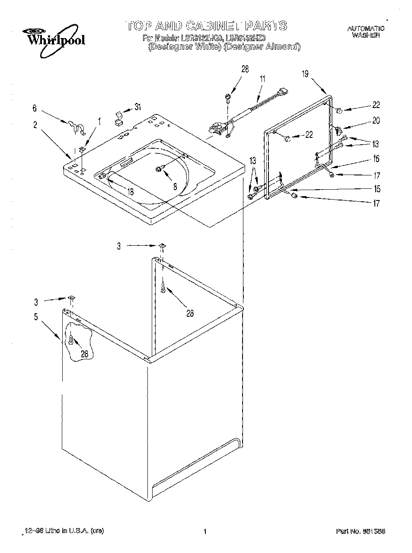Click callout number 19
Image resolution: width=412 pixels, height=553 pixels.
[305, 74]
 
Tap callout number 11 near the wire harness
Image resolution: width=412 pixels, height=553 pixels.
[262, 79]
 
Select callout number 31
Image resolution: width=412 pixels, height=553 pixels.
[137, 107]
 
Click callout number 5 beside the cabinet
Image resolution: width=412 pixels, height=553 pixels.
[36, 317]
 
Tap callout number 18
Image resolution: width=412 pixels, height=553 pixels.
[130, 192]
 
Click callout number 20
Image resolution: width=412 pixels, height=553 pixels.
[376, 121]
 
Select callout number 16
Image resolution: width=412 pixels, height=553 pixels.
[376, 159]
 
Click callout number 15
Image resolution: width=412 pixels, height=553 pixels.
[377, 189]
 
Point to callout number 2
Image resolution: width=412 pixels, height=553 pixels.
[35, 125]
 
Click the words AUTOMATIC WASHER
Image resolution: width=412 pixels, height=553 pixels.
[366, 32]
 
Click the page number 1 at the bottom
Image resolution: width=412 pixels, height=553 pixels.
[205, 531]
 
